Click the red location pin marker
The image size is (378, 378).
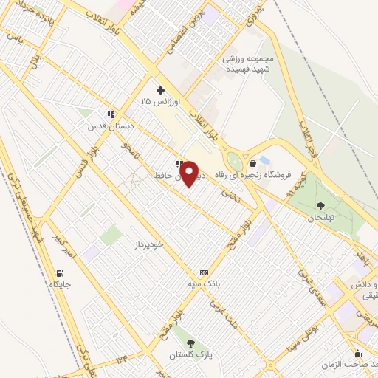190,173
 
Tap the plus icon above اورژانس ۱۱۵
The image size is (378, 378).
160,90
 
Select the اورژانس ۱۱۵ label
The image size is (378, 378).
157,100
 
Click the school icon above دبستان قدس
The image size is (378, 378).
111,114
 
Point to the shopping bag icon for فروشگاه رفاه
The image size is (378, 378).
253,163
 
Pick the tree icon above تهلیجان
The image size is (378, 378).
320,206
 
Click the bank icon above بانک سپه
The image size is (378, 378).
204,272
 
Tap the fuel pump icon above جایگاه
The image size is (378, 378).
59,272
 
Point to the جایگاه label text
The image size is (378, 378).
59,283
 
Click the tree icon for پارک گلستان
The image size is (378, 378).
190,343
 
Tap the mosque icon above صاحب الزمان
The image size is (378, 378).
358,354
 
